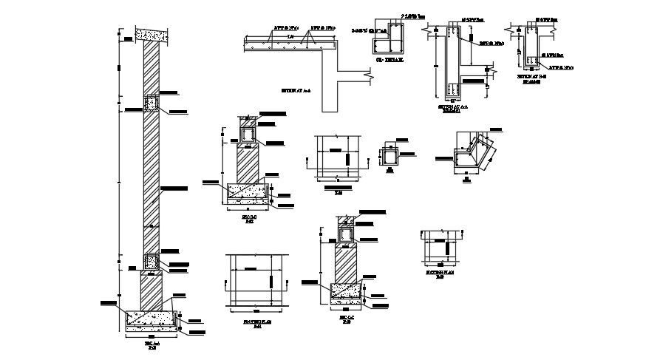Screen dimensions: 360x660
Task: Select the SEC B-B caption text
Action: point(249,220)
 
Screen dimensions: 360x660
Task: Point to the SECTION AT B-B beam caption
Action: point(528,77)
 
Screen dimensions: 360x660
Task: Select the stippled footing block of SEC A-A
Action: point(153,319)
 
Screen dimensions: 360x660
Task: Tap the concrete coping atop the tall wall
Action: point(152,34)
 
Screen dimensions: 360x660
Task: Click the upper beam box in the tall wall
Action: point(152,103)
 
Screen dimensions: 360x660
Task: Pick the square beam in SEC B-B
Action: point(249,135)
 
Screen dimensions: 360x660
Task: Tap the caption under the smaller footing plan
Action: point(440,274)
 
